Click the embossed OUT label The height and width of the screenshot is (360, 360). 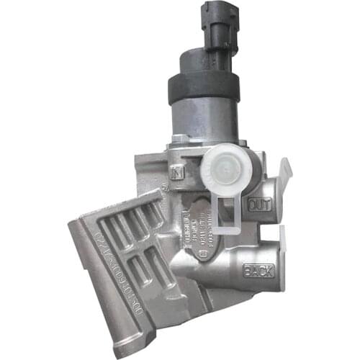(x=257, y=205)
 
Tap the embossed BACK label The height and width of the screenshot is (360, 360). (x=258, y=271)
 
